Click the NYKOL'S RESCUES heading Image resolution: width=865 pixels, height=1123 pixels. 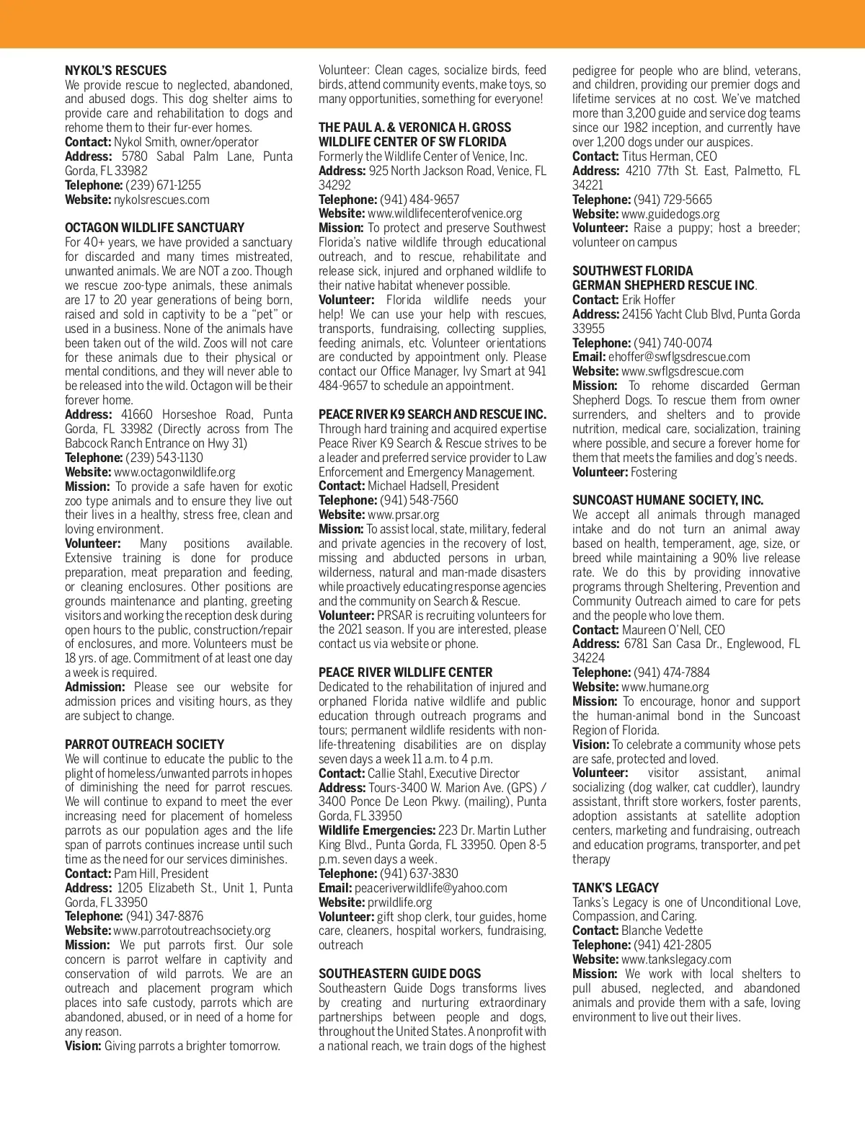tap(115, 71)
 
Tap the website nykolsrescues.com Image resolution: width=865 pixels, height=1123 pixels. tap(161, 200)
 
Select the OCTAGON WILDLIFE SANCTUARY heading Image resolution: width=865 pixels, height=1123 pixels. tap(154, 228)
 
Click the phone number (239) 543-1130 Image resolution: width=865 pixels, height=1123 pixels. tap(164, 458)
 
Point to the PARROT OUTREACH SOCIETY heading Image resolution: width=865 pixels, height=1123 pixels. tap(144, 745)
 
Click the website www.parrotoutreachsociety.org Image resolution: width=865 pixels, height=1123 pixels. tap(192, 931)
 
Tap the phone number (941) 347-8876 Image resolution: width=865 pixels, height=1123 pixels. tap(164, 916)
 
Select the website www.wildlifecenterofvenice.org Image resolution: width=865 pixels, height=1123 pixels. tap(445, 213)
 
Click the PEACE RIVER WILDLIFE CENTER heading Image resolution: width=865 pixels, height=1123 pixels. tap(405, 673)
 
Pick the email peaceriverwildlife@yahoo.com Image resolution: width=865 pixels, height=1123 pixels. tap(430, 888)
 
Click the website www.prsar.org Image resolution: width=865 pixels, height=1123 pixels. tap(403, 515)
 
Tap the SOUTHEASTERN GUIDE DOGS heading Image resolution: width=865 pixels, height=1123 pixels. tap(400, 974)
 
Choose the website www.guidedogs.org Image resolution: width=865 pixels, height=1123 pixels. tap(670, 214)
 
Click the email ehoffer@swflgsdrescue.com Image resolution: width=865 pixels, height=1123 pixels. tap(679, 357)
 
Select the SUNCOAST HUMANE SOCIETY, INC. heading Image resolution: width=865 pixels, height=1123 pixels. tap(667, 500)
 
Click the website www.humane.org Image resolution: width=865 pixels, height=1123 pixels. tap(665, 687)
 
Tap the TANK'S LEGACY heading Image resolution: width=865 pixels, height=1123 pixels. tap(616, 888)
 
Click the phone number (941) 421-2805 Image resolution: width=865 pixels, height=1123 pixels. tap(672, 945)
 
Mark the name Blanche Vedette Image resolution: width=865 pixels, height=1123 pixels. tap(662, 931)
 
